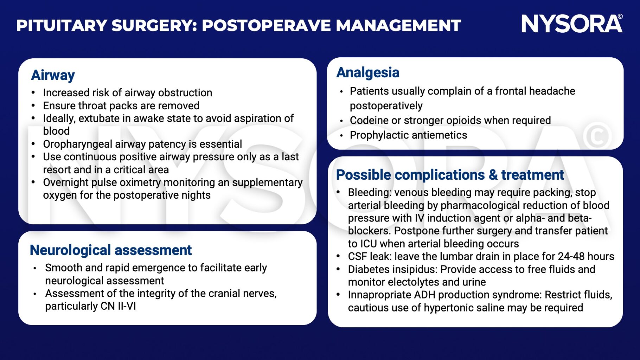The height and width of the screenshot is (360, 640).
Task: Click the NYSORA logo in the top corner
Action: click(x=571, y=24)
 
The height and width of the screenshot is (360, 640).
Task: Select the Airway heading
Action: click(x=53, y=75)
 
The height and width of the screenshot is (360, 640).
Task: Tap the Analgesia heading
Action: click(x=367, y=72)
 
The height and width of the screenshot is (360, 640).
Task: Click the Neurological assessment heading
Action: click(x=110, y=250)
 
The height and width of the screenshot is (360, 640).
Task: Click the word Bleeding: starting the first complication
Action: click(x=369, y=193)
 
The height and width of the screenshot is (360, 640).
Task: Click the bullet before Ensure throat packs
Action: click(x=33, y=106)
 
